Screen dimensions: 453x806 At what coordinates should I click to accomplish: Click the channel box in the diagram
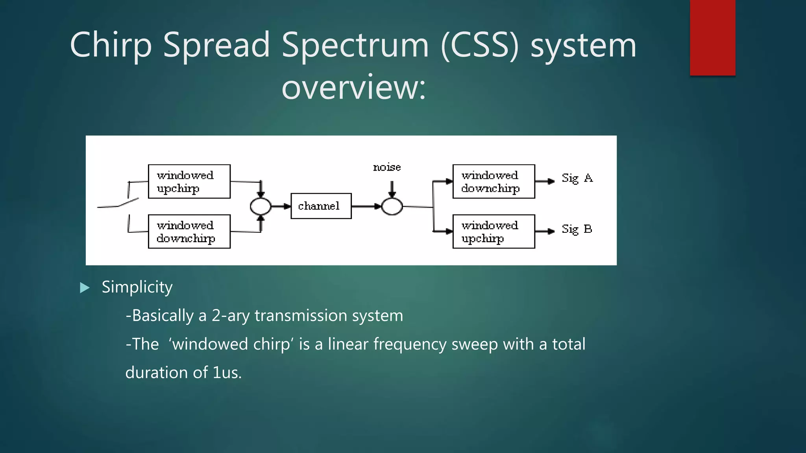pyautogui.click(x=321, y=206)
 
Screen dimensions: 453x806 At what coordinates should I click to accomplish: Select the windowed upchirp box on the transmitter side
pyautogui.click(x=189, y=182)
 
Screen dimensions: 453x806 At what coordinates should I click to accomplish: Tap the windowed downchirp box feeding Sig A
pyautogui.click(x=494, y=182)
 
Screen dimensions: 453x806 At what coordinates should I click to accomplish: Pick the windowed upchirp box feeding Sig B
pyautogui.click(x=494, y=232)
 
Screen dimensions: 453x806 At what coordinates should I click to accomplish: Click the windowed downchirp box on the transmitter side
pyautogui.click(x=189, y=232)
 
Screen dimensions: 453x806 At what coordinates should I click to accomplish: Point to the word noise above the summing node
pyautogui.click(x=387, y=168)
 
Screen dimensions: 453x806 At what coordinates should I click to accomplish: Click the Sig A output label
pyautogui.click(x=577, y=178)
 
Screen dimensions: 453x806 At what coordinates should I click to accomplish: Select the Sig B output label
pyautogui.click(x=577, y=229)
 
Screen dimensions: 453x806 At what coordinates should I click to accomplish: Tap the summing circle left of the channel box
pyautogui.click(x=261, y=206)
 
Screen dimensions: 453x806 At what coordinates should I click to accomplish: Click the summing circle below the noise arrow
pyautogui.click(x=392, y=206)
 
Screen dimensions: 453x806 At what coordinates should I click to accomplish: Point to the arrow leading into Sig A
pyautogui.click(x=545, y=181)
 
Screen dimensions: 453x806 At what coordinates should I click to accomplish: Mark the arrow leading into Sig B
pyautogui.click(x=545, y=231)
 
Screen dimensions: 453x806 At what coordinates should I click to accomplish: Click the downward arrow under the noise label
pyautogui.click(x=392, y=189)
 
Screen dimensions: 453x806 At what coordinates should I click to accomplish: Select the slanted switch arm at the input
pyautogui.click(x=128, y=203)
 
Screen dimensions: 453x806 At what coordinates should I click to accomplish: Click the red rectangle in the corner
pyautogui.click(x=712, y=38)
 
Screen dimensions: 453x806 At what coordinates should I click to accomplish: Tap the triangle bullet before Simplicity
pyautogui.click(x=85, y=288)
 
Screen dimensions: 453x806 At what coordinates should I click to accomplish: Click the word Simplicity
pyautogui.click(x=137, y=287)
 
